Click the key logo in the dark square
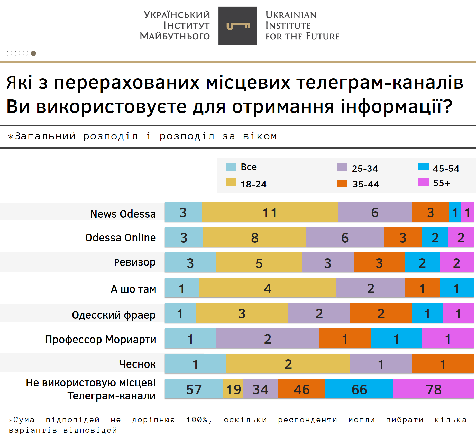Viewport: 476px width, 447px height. tap(238, 26)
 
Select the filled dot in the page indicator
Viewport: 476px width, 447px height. tap(33, 53)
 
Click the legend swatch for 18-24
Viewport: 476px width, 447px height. tap(231, 182)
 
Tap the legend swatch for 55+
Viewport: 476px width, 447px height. tap(424, 182)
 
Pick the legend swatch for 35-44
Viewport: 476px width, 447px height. tap(342, 184)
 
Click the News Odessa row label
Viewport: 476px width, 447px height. tap(123, 214)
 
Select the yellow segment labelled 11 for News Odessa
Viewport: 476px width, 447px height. tap(270, 212)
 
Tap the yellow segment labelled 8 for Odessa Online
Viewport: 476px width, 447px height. tap(255, 237)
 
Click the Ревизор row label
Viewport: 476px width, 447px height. tap(135, 262)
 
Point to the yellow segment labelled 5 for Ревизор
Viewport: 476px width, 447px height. tap(259, 262)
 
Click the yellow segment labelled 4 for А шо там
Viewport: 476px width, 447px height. tap(268, 288)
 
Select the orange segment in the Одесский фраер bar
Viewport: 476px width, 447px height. tap(381, 313)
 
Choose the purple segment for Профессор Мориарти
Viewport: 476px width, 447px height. tap(268, 338)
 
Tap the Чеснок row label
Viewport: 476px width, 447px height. tap(137, 364)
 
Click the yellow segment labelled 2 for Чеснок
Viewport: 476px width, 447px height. tap(288, 364)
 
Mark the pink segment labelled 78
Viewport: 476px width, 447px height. tap(434, 389)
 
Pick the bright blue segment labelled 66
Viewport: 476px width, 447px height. tap(359, 389)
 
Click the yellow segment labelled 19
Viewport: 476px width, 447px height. tap(233, 389)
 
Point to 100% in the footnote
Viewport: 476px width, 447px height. tap(197, 420)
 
